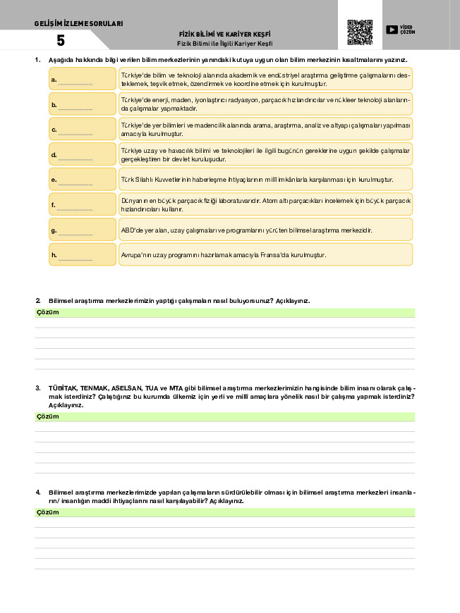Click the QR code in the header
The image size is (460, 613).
[360, 32]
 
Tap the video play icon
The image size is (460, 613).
[392, 30]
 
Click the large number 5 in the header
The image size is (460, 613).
[61, 41]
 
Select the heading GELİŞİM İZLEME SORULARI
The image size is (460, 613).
[78, 24]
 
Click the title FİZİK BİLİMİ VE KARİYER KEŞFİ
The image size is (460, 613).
[225, 34]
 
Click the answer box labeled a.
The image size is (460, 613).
[82, 79]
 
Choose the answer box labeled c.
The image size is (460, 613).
[82, 129]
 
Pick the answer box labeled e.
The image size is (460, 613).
[82, 179]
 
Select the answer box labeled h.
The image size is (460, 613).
[82, 254]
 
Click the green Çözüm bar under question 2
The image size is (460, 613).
[225, 313]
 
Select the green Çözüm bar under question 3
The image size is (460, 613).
[225, 417]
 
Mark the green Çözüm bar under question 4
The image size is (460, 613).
[225, 512]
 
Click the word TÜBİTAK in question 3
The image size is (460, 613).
[62, 388]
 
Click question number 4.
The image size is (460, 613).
[38, 491]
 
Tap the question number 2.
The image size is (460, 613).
[38, 301]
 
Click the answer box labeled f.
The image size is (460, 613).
[82, 204]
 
